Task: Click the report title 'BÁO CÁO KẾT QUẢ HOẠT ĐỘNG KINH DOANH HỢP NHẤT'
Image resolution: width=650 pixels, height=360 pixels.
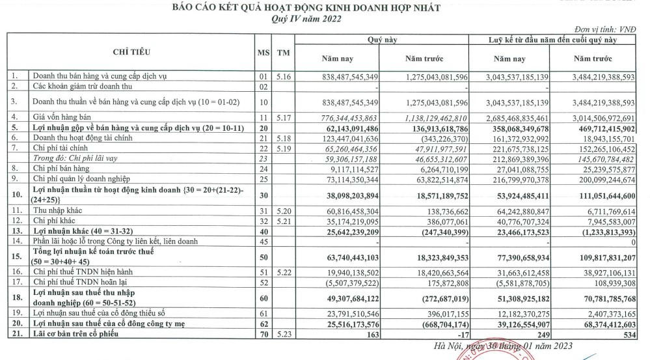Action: pyautogui.click(x=306, y=8)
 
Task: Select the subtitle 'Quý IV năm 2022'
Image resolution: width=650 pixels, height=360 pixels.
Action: pyautogui.click(x=306, y=19)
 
